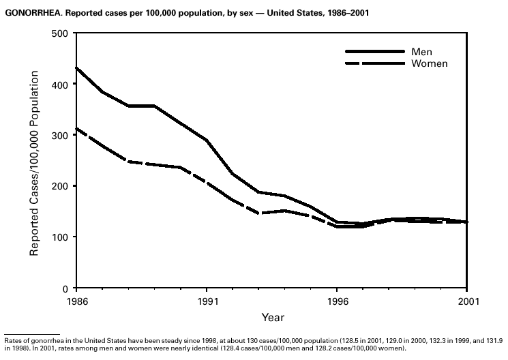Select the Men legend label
click(421, 52)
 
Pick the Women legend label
click(429, 63)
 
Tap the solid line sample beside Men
click(374, 52)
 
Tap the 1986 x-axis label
click(76, 300)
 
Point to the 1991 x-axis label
click(206, 300)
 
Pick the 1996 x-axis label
click(336, 300)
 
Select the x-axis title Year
click(272, 317)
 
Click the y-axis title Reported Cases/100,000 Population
click(33, 161)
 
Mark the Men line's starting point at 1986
click(77, 68)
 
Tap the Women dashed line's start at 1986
click(77, 129)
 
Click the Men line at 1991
click(207, 140)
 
